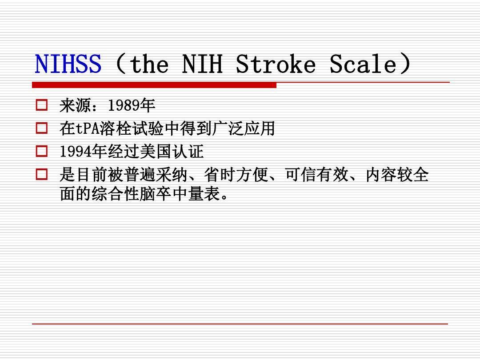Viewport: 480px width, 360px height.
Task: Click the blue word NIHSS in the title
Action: tap(68, 64)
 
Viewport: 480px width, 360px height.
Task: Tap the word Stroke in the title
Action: tap(275, 64)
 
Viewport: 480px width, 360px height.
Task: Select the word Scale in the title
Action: tap(363, 64)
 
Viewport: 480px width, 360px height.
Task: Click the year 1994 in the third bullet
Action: tap(76, 152)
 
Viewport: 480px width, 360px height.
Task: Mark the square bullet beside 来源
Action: tap(42, 106)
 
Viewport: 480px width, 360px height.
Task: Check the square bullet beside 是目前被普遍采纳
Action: tap(42, 175)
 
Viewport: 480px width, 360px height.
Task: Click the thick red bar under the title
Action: tap(154, 85)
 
